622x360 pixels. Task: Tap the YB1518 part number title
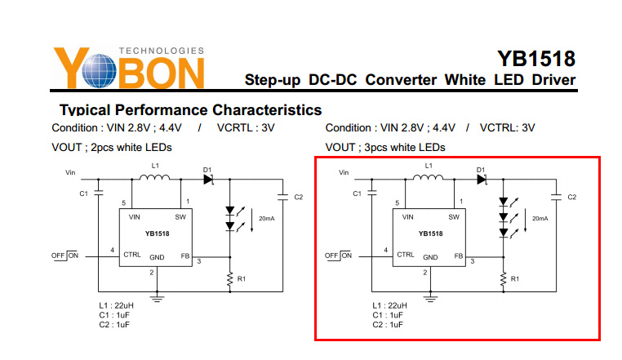point(536,58)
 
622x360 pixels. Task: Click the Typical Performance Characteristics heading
point(190,109)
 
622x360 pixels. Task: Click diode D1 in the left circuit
point(207,179)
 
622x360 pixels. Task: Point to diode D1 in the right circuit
point(482,179)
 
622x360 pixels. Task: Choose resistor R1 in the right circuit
point(504,278)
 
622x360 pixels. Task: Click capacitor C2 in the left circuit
point(282,196)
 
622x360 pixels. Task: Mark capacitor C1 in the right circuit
point(372,193)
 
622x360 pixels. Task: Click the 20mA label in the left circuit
point(266,219)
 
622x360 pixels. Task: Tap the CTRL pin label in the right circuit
point(406,255)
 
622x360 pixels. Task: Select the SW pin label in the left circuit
point(180,216)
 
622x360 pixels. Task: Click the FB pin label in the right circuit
point(459,256)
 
